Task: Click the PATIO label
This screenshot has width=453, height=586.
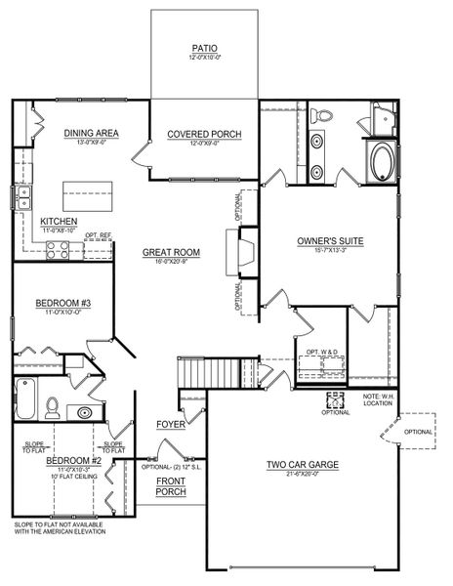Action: tap(204, 47)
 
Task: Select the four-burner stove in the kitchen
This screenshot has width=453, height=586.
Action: tap(58, 250)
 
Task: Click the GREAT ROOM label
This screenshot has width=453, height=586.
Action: tap(171, 252)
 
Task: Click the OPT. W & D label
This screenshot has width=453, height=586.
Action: tap(321, 353)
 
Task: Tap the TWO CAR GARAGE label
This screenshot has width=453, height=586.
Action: tap(303, 465)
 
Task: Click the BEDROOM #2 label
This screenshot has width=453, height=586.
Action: tap(74, 460)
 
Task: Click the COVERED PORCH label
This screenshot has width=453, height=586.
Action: tap(204, 134)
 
